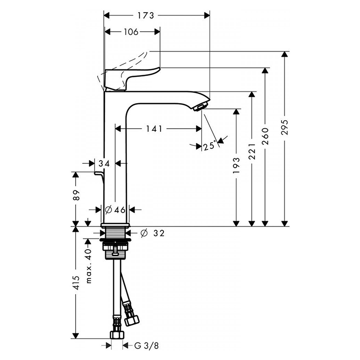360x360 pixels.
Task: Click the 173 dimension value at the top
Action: [146, 16]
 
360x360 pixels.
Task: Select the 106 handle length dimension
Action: [131, 32]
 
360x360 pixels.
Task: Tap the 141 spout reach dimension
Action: [154, 129]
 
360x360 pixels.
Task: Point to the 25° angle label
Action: [210, 146]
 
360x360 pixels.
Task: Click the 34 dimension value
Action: [104, 164]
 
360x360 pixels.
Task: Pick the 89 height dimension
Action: [76, 195]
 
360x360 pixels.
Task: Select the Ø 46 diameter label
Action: [115, 210]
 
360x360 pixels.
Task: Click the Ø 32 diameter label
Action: [153, 234]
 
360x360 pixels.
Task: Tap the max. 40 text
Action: [89, 266]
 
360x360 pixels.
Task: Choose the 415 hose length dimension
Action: [76, 283]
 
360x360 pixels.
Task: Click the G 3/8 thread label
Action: [147, 346]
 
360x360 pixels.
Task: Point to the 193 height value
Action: [236, 165]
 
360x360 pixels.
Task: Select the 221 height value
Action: [252, 152]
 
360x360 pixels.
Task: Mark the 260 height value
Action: [265, 136]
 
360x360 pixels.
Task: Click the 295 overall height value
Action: [285, 127]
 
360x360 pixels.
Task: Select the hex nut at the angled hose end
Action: [132, 319]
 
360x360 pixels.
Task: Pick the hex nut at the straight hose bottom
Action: [117, 334]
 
